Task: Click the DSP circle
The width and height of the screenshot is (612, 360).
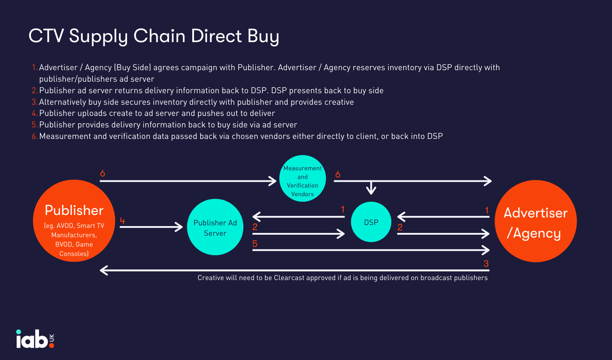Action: (371, 222)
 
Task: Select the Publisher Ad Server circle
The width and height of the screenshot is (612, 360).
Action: (215, 227)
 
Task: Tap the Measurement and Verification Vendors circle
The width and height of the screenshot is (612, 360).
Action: (302, 179)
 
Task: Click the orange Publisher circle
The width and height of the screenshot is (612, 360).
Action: (74, 221)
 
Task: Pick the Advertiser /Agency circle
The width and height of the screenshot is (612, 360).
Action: (536, 221)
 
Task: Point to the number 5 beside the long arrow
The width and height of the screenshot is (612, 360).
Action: (255, 244)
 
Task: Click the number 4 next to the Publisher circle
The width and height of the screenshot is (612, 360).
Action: (122, 221)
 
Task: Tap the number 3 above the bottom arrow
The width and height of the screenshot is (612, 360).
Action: (486, 264)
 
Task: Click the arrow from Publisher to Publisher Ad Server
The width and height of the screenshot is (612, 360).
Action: (151, 227)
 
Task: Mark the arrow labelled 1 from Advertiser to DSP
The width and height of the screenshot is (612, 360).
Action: (443, 217)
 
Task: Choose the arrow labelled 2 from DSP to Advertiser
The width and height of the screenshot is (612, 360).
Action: (443, 234)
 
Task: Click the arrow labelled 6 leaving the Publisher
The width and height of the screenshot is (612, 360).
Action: (187, 181)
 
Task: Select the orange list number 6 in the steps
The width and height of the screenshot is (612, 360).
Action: (34, 136)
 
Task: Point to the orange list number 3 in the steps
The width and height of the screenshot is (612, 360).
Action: (34, 102)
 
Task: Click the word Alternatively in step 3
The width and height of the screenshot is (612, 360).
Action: (63, 102)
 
